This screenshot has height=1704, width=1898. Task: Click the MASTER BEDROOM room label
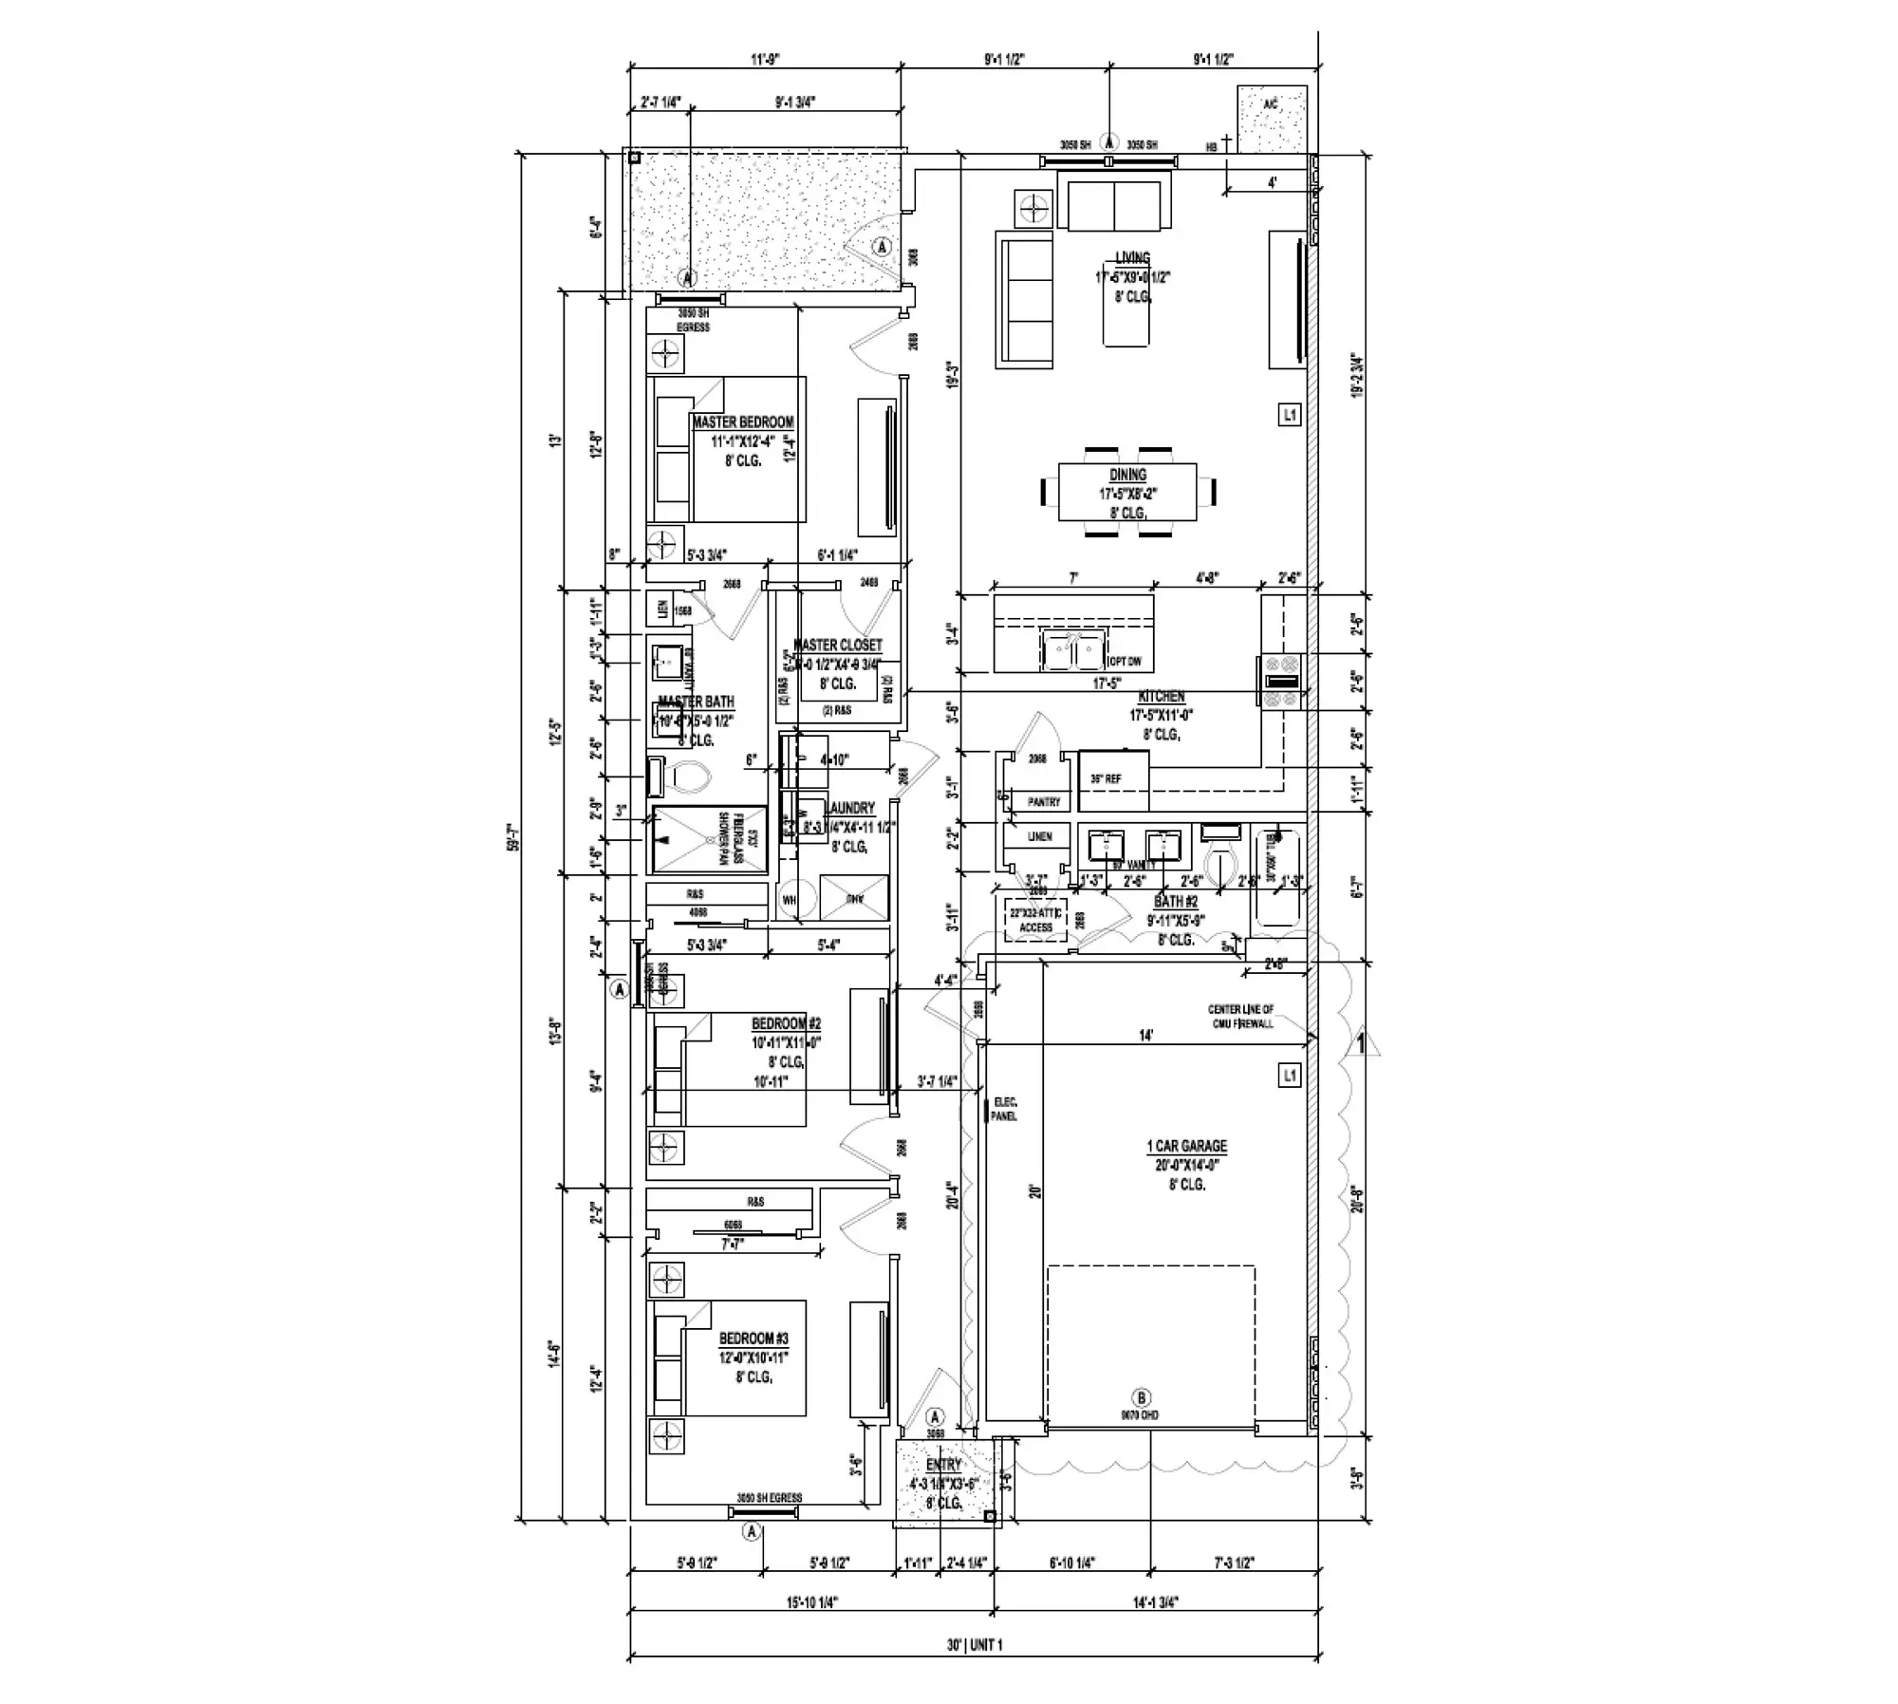(x=742, y=422)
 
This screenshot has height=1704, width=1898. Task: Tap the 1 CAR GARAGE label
(x=1186, y=1146)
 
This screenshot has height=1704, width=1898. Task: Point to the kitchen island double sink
(x=1073, y=651)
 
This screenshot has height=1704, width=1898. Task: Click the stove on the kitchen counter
(x=1282, y=681)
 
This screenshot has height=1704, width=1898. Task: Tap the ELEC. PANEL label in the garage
(x=1003, y=1109)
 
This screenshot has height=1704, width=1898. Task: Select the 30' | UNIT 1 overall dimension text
(x=974, y=1644)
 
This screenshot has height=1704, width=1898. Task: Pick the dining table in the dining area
(x=1127, y=492)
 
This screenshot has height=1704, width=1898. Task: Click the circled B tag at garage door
(x=1142, y=1397)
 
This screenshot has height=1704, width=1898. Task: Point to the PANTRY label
(x=1044, y=802)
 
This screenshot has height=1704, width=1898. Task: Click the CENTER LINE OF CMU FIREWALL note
(x=1240, y=1016)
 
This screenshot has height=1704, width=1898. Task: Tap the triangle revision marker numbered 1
(x=1362, y=1043)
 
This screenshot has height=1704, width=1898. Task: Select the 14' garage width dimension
(x=1145, y=1036)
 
